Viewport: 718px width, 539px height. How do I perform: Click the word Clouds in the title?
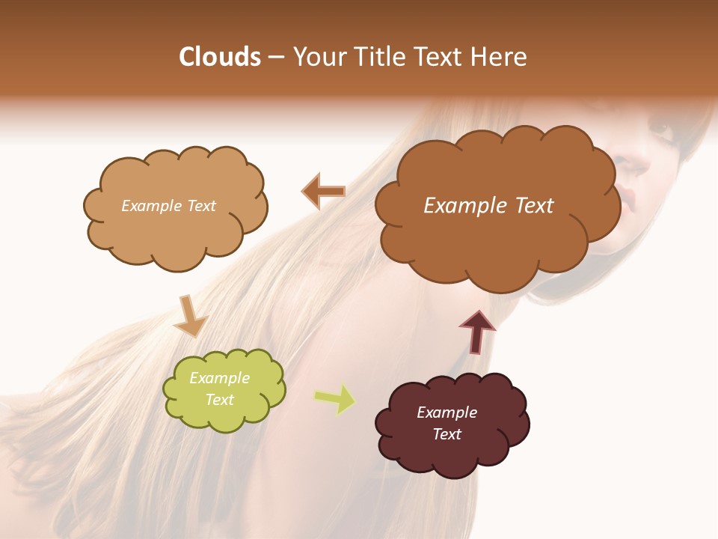tap(220, 57)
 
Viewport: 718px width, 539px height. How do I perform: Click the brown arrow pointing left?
tap(323, 191)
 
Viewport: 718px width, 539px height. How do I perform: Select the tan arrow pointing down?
tap(190, 317)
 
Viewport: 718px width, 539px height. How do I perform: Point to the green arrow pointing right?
tap(335, 398)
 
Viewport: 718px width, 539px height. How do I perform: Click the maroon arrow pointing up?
tap(477, 331)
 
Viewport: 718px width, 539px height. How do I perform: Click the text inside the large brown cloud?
tap(488, 206)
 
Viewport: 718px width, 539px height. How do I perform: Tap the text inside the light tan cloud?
tap(168, 206)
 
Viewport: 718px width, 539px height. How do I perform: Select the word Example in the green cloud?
tap(219, 378)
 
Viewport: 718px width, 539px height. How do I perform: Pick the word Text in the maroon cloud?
tap(447, 434)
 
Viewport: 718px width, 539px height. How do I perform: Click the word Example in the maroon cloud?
tap(447, 412)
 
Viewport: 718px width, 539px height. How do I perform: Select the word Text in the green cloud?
tap(219, 400)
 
